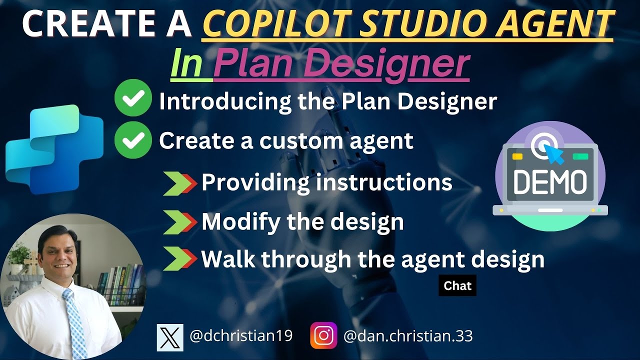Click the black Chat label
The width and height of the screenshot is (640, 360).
coord(457,286)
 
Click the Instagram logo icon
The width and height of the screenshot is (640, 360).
coord(323,335)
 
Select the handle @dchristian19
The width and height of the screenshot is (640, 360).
coord(241,336)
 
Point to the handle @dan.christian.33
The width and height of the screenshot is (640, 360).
coord(408,336)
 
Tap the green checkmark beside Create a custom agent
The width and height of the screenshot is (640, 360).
coord(133,140)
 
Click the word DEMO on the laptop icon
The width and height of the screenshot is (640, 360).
coord(550,182)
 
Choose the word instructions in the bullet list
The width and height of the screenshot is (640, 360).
coord(383,183)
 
